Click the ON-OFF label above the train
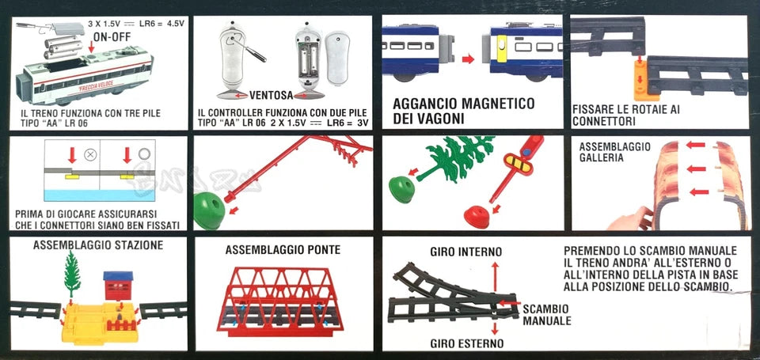112,36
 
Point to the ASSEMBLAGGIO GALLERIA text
615,152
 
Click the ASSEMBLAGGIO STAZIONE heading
98,245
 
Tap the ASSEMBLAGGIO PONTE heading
283,250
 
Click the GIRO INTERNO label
465,252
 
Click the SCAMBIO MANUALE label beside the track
547,315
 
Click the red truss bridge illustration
283,301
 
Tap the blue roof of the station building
120,276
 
